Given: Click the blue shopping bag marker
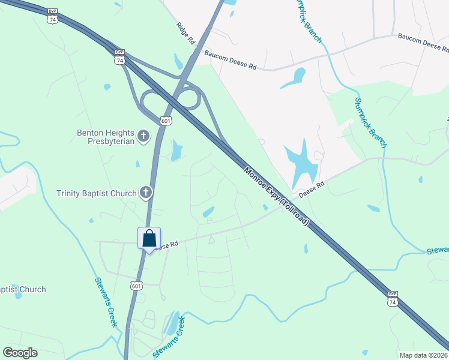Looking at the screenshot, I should coord(149,238).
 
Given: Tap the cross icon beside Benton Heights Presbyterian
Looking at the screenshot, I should coord(143,136).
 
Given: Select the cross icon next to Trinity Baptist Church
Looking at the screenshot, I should coord(145,193).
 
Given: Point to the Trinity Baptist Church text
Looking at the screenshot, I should coord(97,193).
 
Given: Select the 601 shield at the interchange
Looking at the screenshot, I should coord(166,121).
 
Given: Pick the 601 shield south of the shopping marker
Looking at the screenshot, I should coord(137,284).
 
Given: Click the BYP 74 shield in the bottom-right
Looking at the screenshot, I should coord(393,299).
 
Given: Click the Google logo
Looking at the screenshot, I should coord(20,353).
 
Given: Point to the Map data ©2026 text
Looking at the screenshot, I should coord(423,355).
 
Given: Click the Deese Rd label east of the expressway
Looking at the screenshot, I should coord(312,189).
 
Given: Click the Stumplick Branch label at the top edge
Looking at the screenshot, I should coord(308,21).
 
